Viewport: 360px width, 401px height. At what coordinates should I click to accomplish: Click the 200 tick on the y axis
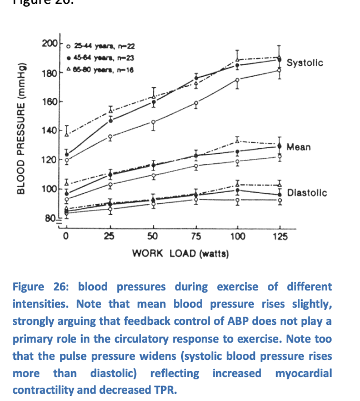tap(49, 43)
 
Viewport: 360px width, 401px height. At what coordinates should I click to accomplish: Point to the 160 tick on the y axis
tap(49, 102)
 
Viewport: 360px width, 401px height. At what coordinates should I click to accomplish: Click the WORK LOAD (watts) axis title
tap(181, 253)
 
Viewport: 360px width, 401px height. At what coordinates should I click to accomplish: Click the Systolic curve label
tap(304, 63)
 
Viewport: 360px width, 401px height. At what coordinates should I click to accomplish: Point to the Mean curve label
tap(298, 147)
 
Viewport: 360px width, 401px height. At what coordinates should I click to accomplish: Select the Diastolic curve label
tap(307, 193)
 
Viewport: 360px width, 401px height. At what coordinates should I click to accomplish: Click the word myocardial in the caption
tap(303, 373)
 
